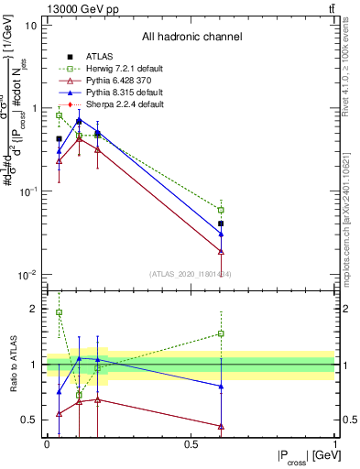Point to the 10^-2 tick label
[27, 275]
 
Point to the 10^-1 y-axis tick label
[27, 191]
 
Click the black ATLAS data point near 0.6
[221, 224]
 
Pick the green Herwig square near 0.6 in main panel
[221, 210]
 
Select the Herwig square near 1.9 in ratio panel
[60, 312]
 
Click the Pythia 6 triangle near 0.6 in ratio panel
[221, 426]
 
